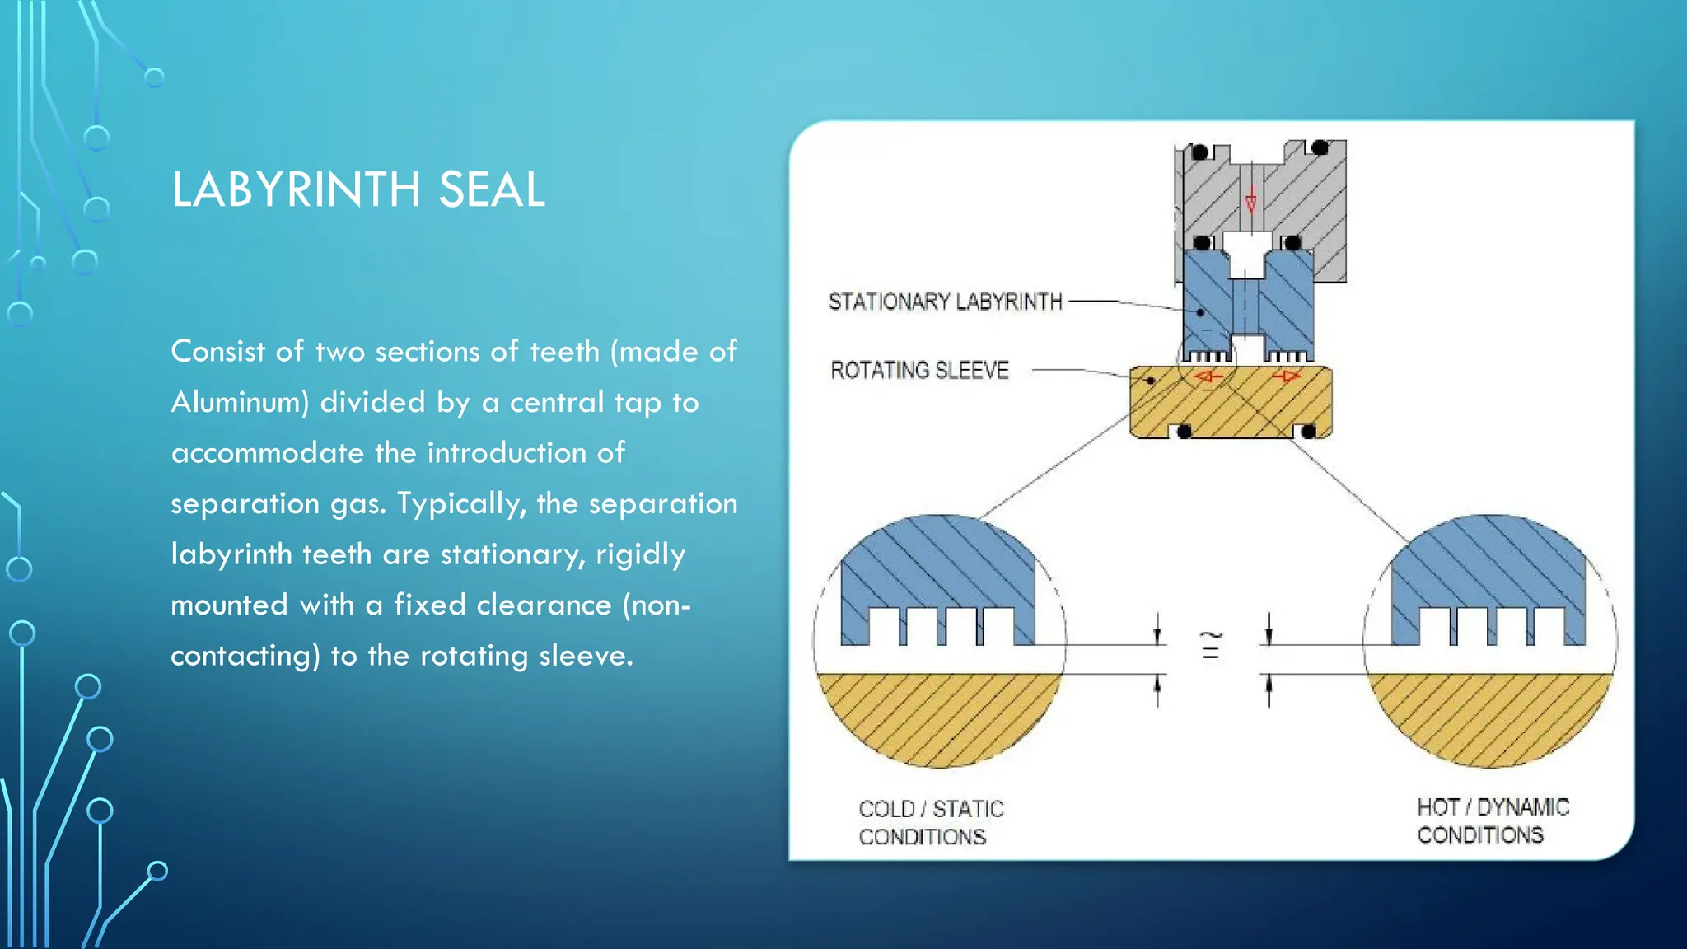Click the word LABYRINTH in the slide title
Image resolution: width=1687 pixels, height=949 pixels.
click(297, 189)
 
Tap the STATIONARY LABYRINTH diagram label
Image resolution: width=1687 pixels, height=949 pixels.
click(946, 302)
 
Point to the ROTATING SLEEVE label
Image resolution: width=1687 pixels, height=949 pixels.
click(919, 371)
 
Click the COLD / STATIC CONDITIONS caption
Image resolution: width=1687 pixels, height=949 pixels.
click(931, 822)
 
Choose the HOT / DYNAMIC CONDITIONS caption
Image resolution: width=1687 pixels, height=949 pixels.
click(1493, 820)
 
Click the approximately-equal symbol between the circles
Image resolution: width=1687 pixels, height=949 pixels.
click(1211, 646)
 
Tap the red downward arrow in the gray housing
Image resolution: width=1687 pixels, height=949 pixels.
click(1250, 200)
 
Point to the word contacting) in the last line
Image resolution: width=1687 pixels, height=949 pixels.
click(245, 656)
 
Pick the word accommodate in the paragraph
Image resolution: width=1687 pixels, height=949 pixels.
click(266, 453)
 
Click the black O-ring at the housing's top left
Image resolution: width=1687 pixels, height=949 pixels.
click(1200, 152)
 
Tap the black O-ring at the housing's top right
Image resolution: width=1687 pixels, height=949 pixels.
click(1320, 148)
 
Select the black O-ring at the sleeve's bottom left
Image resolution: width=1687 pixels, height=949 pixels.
click(1185, 432)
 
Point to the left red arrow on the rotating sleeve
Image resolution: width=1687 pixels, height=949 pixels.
click(1208, 377)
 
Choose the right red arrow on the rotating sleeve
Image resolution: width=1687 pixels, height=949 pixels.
click(1285, 377)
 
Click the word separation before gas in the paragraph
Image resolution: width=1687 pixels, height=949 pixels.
click(244, 503)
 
